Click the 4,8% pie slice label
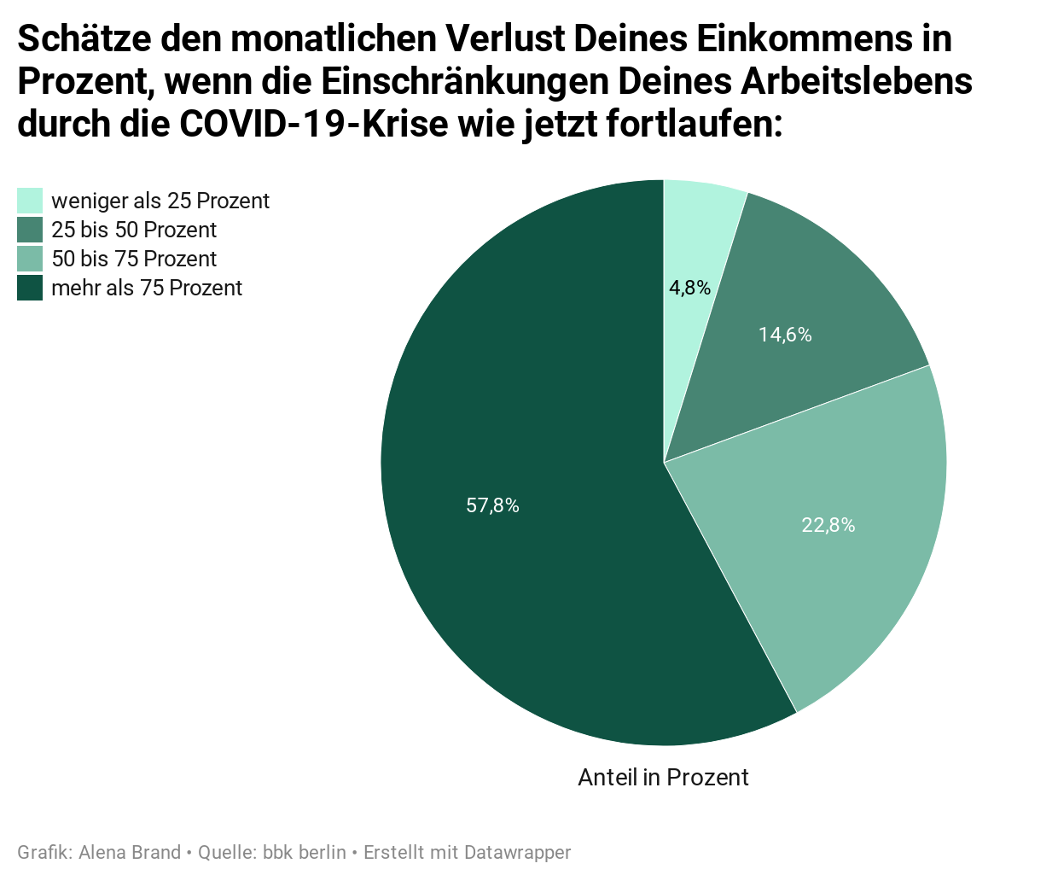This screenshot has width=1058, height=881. (689, 288)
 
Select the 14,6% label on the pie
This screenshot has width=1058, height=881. (785, 335)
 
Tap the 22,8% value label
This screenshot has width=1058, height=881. (828, 525)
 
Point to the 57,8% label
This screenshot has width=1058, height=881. (492, 505)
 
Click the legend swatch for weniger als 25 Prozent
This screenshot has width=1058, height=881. (30, 201)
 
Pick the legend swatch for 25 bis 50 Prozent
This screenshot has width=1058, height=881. (30, 230)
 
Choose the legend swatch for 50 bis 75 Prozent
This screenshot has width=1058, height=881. (30, 259)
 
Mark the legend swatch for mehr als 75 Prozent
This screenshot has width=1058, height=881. (30, 288)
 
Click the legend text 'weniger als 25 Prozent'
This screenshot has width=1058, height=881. (160, 201)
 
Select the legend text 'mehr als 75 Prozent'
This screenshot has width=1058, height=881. (147, 288)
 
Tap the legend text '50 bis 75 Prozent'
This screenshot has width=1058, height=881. (134, 259)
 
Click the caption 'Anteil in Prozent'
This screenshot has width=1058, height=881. (663, 777)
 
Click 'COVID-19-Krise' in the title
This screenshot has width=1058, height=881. (313, 124)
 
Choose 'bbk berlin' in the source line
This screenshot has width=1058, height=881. (305, 852)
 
